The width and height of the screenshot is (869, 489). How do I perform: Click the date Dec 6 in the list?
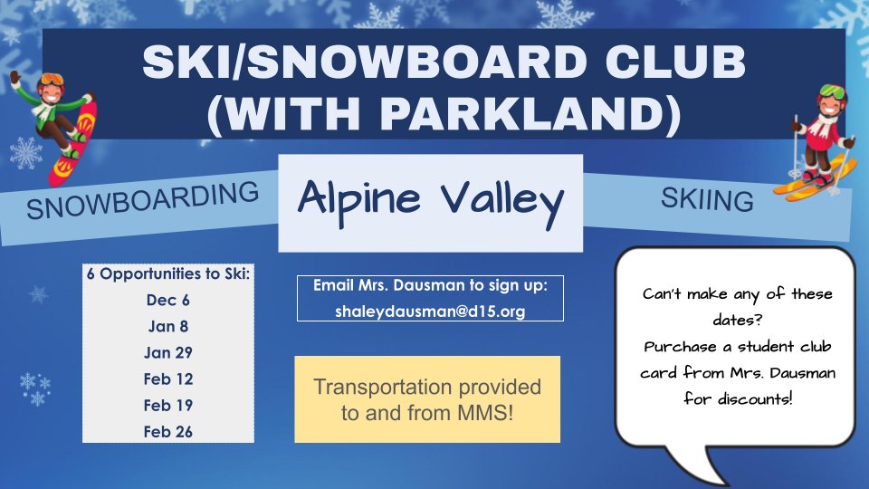(167, 299)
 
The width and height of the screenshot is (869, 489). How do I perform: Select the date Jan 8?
(167, 325)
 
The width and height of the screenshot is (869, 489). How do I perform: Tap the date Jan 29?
(167, 352)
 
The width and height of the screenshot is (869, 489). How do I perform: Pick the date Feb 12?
(167, 379)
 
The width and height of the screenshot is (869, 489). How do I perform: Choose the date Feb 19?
(167, 405)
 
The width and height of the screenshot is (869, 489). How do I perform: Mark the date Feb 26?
(167, 432)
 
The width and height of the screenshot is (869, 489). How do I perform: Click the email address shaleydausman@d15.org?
(430, 310)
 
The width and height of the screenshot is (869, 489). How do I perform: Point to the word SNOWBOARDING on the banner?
(142, 200)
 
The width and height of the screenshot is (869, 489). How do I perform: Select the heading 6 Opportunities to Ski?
(167, 273)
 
